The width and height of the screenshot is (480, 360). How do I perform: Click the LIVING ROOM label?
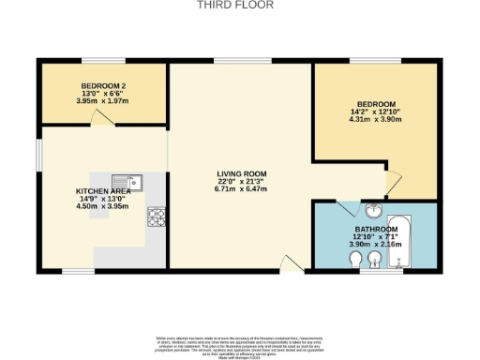point(242,173)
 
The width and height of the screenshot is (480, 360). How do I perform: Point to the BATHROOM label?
point(376,229)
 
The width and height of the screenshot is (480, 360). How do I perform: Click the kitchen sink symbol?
point(125,182)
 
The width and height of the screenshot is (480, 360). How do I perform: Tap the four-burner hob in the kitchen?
point(155,217)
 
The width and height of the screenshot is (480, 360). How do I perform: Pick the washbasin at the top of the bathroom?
point(374,210)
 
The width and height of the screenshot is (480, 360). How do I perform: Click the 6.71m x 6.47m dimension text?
point(242,189)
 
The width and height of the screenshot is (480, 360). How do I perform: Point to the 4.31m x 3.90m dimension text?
point(376,119)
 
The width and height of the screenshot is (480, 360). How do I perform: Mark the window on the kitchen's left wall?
point(38,151)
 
